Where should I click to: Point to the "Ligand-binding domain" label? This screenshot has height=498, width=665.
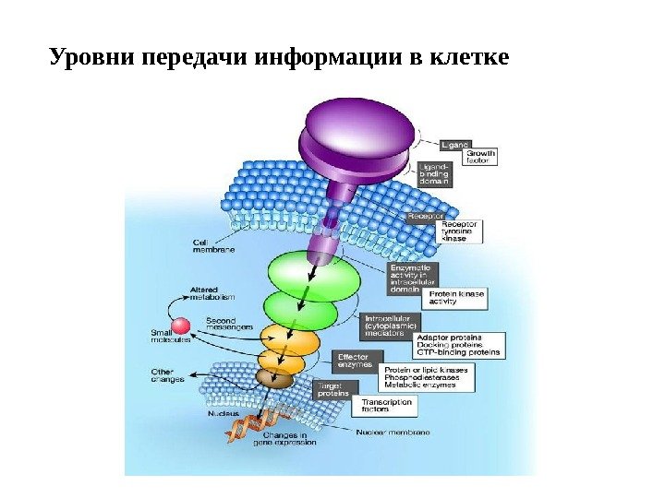pos(434,172)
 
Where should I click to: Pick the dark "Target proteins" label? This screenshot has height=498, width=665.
pos(332,389)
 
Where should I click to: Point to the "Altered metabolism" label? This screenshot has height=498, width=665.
pos(212,293)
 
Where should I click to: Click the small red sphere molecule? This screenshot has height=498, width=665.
pos(181,325)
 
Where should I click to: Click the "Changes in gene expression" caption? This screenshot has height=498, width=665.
pos(291,439)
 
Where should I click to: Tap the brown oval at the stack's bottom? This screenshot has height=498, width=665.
pos(274,378)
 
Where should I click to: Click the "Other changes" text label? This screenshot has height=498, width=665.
pos(168,375)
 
